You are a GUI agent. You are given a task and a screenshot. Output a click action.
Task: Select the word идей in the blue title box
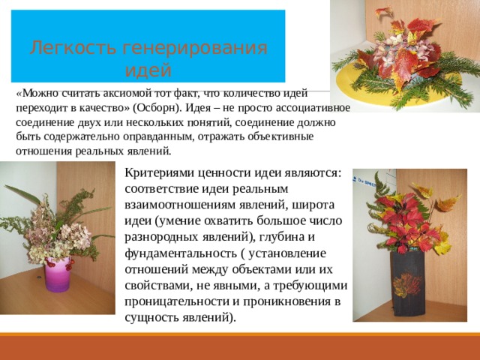pos(148,70)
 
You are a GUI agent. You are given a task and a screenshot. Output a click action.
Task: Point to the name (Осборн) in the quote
pos(187,108)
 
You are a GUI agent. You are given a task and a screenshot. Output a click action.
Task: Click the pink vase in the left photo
pos(58,273)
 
